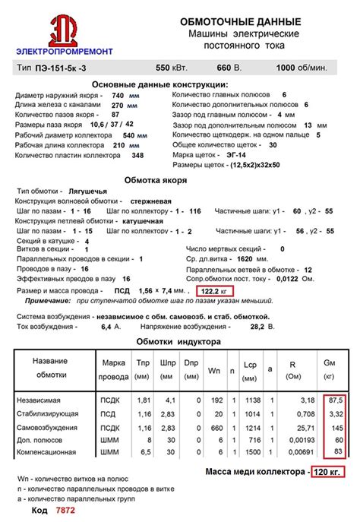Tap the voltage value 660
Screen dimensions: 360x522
(x=225, y=68)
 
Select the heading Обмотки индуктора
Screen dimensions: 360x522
(x=178, y=342)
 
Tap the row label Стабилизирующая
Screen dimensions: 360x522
(x=49, y=413)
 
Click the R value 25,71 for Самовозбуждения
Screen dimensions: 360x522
(x=306, y=427)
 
